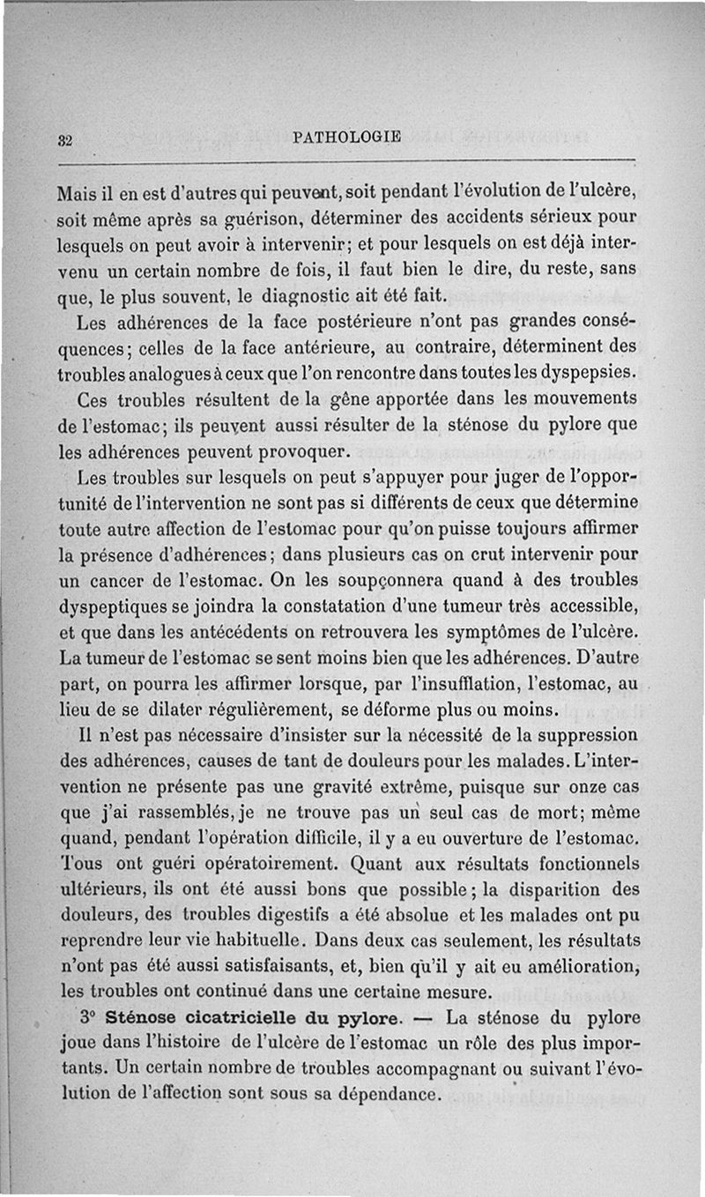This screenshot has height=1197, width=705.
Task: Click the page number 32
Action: (64, 138)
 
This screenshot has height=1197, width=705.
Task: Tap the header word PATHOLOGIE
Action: (345, 136)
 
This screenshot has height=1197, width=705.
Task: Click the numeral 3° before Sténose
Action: (87, 1016)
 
